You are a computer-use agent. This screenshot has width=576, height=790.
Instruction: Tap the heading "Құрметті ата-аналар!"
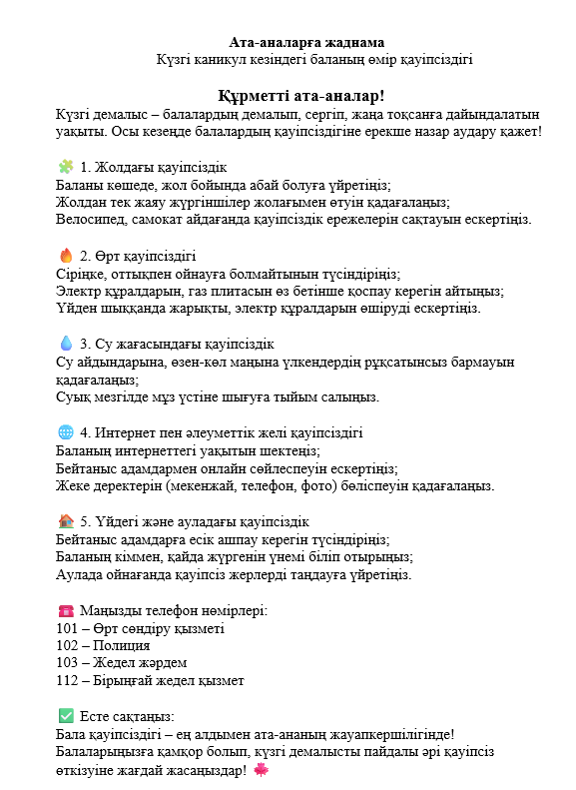tap(301, 96)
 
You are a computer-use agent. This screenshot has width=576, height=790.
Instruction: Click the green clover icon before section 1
tap(66, 167)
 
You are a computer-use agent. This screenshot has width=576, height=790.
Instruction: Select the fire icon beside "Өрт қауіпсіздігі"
tap(66, 255)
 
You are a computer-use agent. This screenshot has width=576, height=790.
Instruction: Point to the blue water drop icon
tap(66, 344)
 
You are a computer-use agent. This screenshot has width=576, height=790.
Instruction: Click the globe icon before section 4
tap(66, 432)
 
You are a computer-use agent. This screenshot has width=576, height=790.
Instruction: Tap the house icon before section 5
tap(66, 521)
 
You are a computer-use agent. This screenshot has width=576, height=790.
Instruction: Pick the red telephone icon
tap(66, 610)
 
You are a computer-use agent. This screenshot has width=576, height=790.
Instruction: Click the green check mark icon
tap(66, 716)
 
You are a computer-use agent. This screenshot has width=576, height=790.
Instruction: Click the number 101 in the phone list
tap(69, 628)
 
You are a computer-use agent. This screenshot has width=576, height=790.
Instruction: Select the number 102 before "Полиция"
tap(69, 645)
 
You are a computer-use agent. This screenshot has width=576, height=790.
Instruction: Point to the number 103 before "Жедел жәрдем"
tap(69, 662)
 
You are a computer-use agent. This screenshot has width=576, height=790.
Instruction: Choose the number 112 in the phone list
tap(69, 680)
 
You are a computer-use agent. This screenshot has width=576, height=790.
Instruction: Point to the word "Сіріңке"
tap(85, 274)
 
